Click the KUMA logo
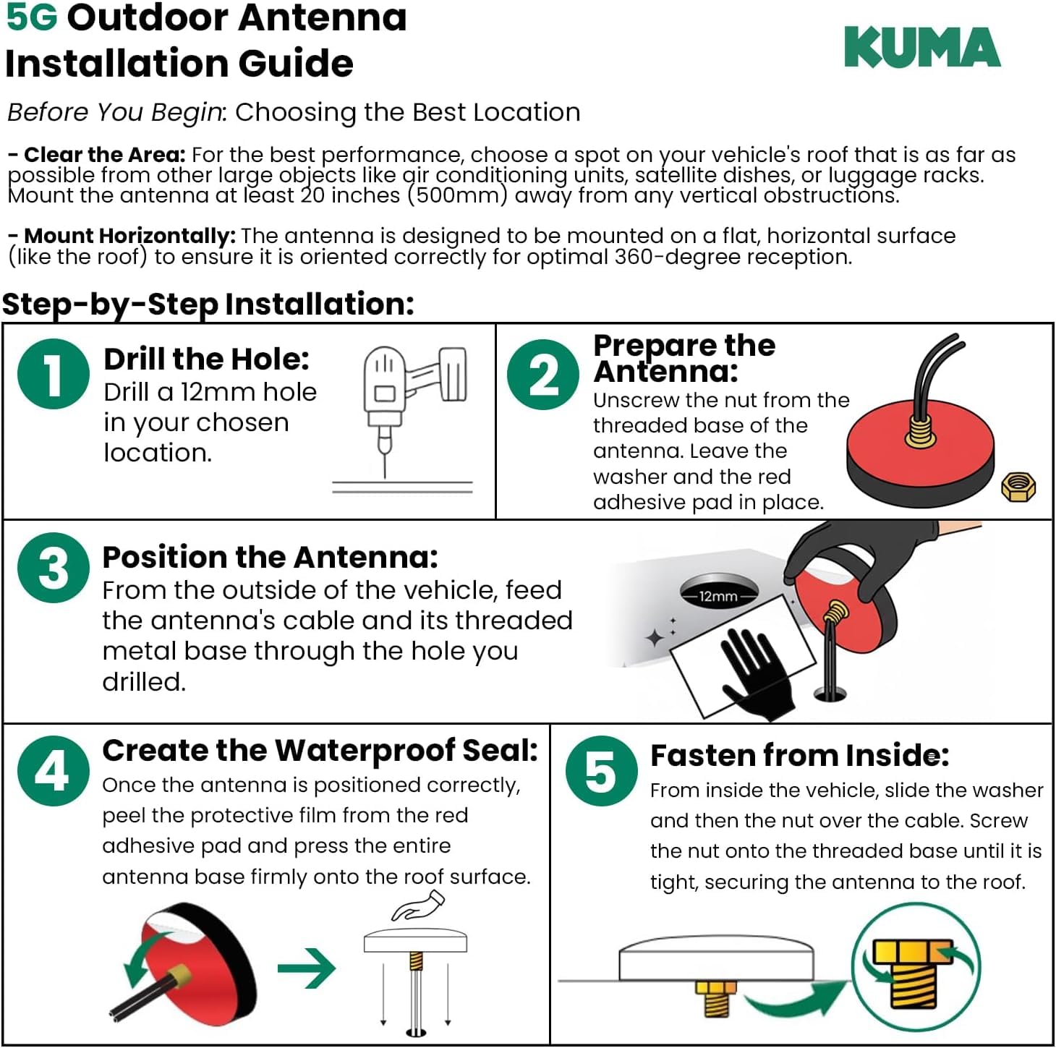tap(921, 47)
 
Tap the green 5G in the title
tap(31, 17)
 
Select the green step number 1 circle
tap(53, 374)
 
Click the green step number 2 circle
tap(542, 375)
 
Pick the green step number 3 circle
tap(53, 568)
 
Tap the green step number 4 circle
tap(53, 771)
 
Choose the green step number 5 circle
tap(601, 771)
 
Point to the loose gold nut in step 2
tap(1018, 487)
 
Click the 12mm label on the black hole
tap(718, 597)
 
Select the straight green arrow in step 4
tap(307, 968)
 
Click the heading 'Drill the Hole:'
tap(207, 359)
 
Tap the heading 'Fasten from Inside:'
tap(799, 755)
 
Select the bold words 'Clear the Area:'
tap(105, 155)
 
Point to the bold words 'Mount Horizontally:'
tap(130, 236)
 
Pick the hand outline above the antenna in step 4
tap(417, 906)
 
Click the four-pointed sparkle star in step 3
tap(655, 637)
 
